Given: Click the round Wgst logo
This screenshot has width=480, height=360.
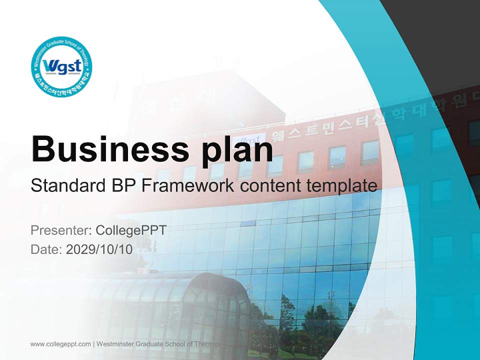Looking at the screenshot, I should click(61, 67).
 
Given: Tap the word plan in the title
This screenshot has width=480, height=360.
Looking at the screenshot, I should click(235, 149).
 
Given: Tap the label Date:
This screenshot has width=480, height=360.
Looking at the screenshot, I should click(46, 249).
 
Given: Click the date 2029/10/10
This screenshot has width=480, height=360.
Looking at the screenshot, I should click(99, 249).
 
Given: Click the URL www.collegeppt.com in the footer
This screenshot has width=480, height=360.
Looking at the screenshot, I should click(60, 343).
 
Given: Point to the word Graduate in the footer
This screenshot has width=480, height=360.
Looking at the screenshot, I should click(151, 343).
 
